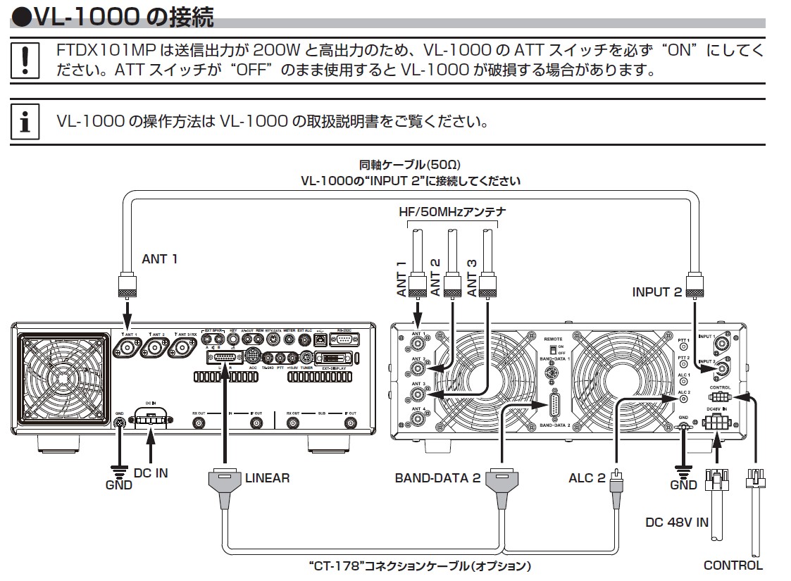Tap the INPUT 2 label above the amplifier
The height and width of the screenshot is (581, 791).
656,292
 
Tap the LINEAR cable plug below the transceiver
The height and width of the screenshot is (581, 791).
226,482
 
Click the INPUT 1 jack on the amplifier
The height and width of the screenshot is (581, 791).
722,344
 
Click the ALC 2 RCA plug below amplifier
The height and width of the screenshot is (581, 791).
616,482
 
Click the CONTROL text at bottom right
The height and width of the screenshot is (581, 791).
733,565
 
